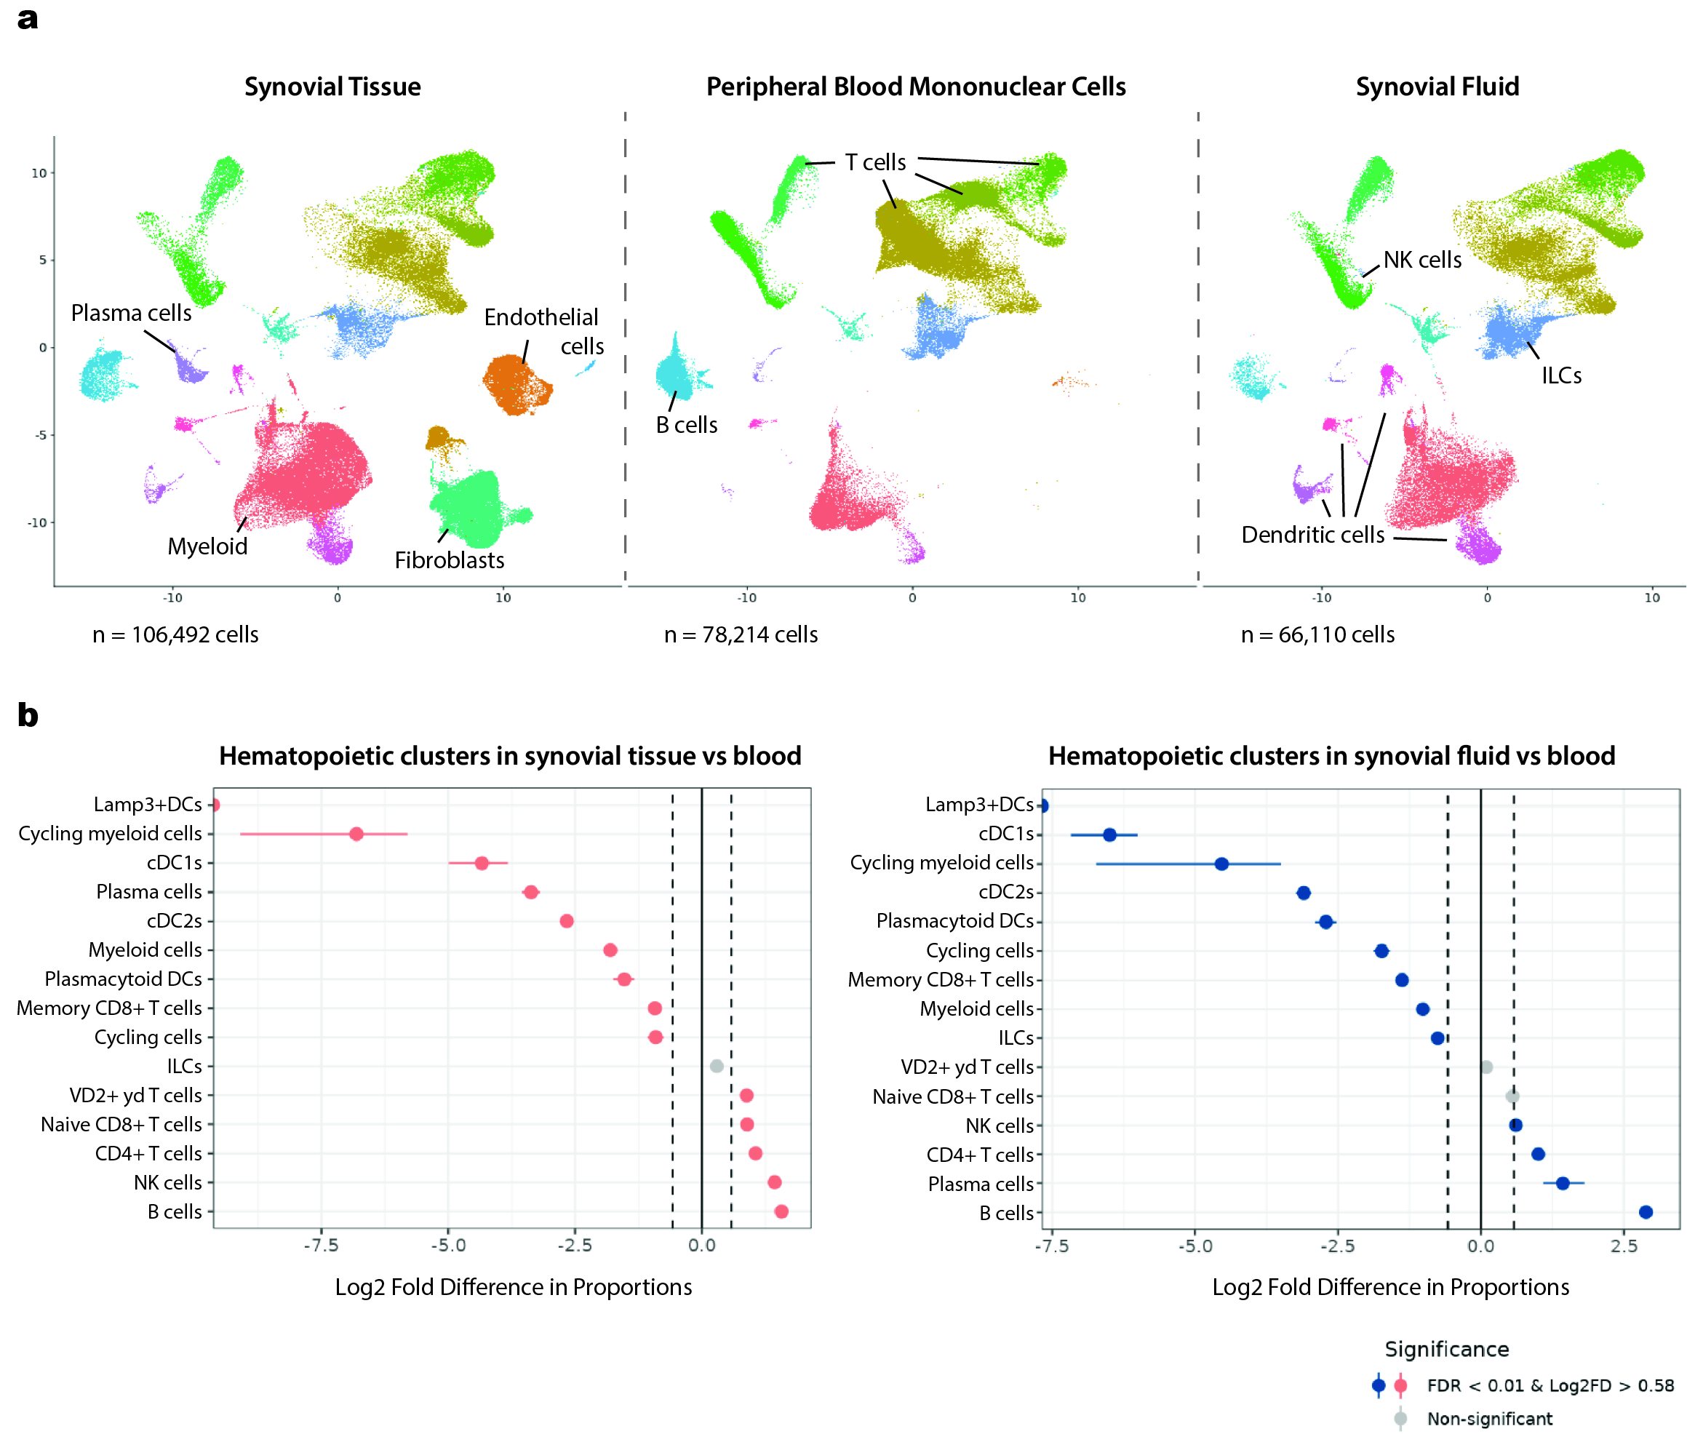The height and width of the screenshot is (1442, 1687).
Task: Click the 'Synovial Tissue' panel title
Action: pos(332,87)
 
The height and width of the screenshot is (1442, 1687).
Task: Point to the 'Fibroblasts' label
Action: pos(450,560)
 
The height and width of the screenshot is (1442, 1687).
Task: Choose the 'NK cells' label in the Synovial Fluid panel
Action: pos(1421,260)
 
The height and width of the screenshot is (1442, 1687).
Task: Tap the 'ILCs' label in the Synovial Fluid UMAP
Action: pos(1561,375)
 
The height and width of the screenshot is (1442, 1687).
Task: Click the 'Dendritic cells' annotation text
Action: pos(1312,535)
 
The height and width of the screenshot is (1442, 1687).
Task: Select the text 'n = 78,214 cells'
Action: pos(740,635)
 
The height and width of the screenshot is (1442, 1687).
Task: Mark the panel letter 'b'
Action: pos(28,715)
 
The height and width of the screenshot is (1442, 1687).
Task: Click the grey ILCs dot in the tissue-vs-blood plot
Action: pos(717,1066)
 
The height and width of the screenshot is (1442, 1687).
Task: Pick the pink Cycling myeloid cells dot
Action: pos(356,834)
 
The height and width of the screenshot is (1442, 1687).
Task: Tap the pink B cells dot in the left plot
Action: pos(781,1211)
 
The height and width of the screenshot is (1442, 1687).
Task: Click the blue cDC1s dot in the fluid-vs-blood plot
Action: pos(1109,834)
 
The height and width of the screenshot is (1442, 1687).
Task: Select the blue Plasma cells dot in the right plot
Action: pos(1563,1183)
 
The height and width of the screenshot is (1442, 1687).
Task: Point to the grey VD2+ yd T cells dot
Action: pos(1486,1067)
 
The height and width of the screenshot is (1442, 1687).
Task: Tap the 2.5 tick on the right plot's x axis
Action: pos(1624,1246)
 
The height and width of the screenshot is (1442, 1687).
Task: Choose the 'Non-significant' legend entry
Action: pos(1489,1419)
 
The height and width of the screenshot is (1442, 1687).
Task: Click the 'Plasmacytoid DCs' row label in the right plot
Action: pos(954,921)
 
